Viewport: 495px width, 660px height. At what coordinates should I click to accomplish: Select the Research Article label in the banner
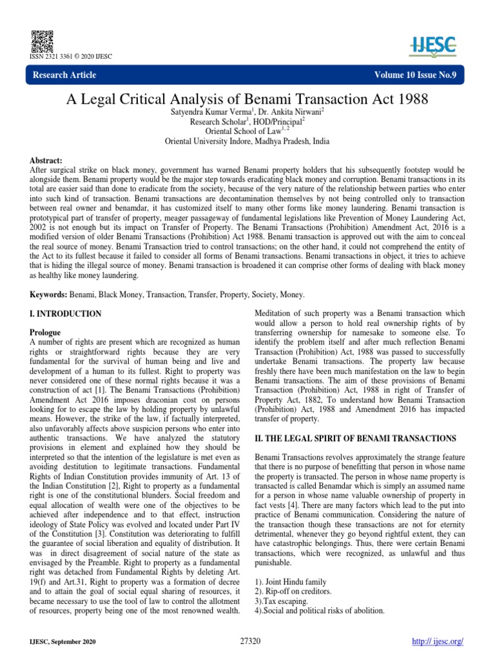pyautogui.click(x=66, y=75)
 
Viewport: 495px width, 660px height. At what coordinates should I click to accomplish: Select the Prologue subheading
pyautogui.click(x=46, y=333)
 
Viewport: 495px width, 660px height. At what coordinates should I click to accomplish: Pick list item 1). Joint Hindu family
pyautogui.click(x=291, y=581)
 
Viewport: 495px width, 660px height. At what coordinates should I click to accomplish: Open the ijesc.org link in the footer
pyautogui.click(x=438, y=642)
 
